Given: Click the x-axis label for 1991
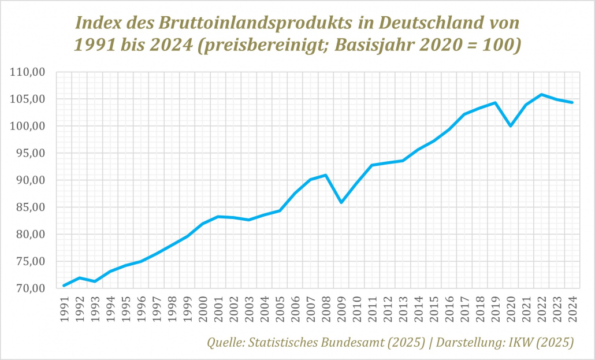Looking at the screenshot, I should [64, 307].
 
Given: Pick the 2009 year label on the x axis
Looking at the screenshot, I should [341, 307].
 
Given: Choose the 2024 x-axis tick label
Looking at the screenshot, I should [572, 307].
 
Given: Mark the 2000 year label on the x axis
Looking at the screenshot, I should [203, 307].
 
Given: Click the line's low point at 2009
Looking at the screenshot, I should [341, 202].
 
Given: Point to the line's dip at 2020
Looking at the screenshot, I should [511, 125].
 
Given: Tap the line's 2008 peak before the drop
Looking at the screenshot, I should [326, 175].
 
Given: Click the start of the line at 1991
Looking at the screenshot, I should [64, 285].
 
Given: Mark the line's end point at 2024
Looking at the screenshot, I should [572, 102].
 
